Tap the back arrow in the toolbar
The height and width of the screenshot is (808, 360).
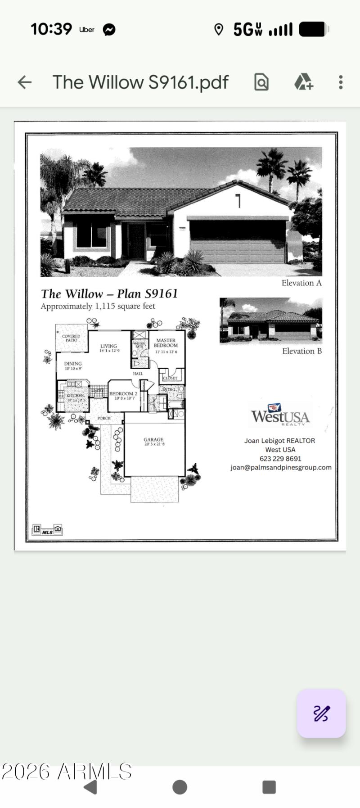coord(24,82)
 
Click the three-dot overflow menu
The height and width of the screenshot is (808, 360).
coord(341,82)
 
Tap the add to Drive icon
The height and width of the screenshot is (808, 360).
coord(303,82)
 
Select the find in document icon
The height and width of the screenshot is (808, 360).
coord(261,82)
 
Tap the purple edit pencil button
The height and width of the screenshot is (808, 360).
coord(321,713)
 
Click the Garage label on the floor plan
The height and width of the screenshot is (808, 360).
coord(154,441)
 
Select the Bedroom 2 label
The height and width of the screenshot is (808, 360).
coord(123,395)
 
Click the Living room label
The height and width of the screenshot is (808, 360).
coord(109,348)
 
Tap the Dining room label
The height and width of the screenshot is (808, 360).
coord(73,365)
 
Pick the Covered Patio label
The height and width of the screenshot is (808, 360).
coord(71,338)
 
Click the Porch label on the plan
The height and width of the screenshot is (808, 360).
coord(104,418)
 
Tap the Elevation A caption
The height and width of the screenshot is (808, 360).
coord(301,283)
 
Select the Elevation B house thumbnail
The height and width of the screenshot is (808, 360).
coord(270,320)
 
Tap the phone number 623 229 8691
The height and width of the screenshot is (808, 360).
coord(280,459)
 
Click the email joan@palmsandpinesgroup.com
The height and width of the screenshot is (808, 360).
coord(281,467)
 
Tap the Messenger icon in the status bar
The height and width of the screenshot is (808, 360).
coord(109,30)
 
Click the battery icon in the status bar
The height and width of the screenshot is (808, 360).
coord(314,30)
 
